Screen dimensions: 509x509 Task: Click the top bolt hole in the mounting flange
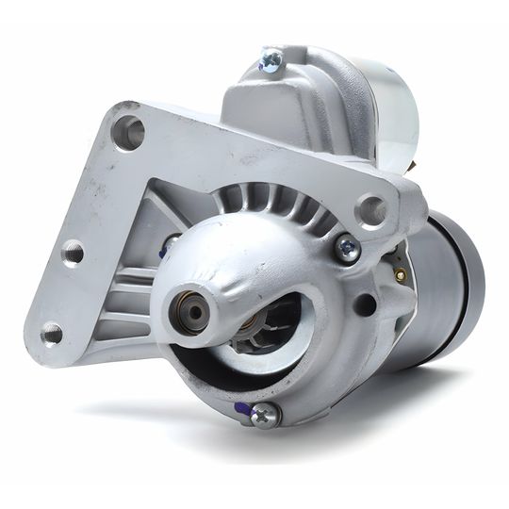pyautogui.click(x=128, y=132)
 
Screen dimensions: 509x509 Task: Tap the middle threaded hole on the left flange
pyautogui.click(x=72, y=252)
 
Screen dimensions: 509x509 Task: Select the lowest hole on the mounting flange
pyautogui.click(x=52, y=333)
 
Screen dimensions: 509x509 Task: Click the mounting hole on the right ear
pyautogui.click(x=371, y=209)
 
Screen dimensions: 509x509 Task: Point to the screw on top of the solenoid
pyautogui.click(x=271, y=61)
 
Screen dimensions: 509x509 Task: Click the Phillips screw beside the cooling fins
pyautogui.click(x=347, y=249)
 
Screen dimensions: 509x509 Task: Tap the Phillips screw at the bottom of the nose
pyautogui.click(x=266, y=414)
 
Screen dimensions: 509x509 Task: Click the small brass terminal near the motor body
pyautogui.click(x=401, y=274)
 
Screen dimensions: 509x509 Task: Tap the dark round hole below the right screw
pyautogui.click(x=364, y=304)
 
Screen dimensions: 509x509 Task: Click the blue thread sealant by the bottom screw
pyautogui.click(x=242, y=408)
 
